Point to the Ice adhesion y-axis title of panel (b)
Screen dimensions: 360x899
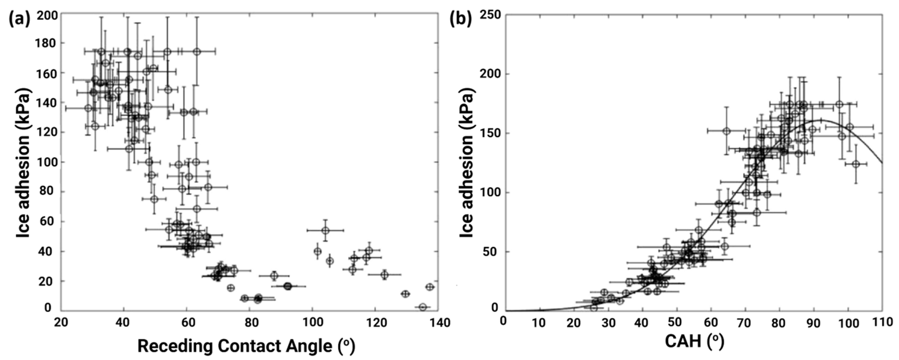[466, 163]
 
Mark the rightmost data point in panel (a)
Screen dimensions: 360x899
[430, 287]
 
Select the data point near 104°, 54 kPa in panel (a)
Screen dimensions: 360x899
[325, 231]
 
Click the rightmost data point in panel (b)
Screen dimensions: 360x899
[856, 164]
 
